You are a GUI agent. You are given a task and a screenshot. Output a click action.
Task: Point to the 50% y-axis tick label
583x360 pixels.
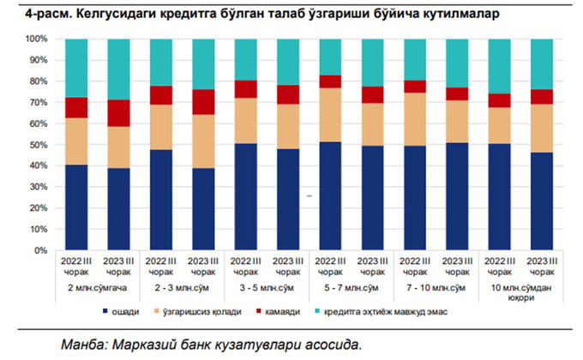point(39,145)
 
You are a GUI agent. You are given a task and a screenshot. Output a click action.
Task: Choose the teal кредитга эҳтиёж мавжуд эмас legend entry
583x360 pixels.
point(382,312)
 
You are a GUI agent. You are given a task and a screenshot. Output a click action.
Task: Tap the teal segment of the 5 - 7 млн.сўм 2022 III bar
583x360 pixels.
point(329,57)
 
